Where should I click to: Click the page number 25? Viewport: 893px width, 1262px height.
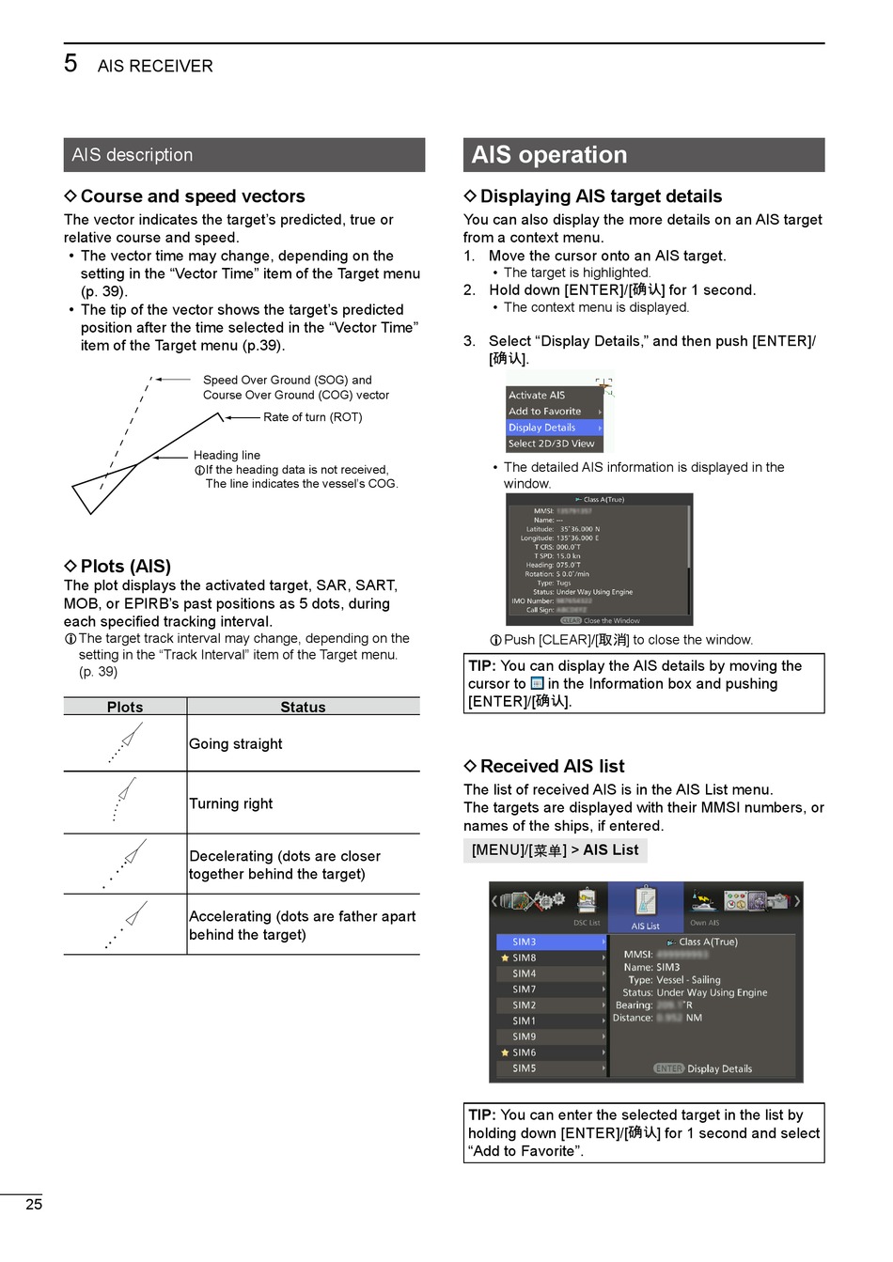[x=34, y=1205]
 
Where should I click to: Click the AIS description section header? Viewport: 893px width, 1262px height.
[x=133, y=155]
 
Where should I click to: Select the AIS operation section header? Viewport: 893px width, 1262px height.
[x=549, y=155]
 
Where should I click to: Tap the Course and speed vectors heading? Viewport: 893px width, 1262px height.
[x=192, y=196]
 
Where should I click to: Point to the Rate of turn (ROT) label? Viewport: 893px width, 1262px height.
[x=312, y=417]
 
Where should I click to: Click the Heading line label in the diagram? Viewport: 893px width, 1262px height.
[x=227, y=456]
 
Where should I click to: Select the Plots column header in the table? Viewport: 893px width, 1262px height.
[x=125, y=707]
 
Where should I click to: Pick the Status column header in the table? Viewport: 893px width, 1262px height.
[x=303, y=707]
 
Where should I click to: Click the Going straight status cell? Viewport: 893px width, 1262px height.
[x=236, y=743]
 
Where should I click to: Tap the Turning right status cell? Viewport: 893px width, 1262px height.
[x=231, y=803]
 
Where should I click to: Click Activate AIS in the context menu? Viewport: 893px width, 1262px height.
[x=537, y=396]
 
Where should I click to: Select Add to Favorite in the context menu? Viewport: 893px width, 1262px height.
[x=545, y=412]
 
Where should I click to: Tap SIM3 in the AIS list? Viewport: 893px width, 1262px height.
[x=525, y=942]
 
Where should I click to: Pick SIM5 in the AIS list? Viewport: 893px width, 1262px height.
[x=525, y=1068]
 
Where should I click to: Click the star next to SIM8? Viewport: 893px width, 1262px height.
[x=506, y=958]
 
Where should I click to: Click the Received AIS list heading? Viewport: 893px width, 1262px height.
[x=552, y=767]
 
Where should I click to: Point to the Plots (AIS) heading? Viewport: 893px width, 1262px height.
[x=125, y=567]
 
